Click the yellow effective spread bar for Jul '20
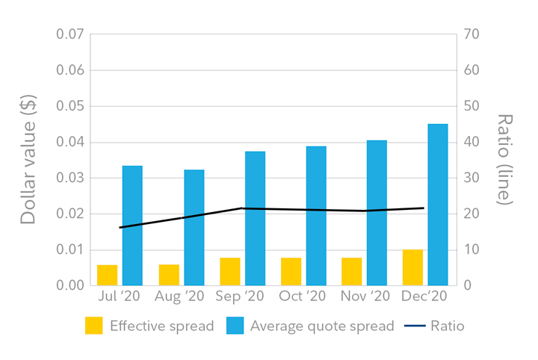pyautogui.click(x=107, y=275)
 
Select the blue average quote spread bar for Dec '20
pyautogui.click(x=437, y=205)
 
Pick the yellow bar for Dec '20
pyautogui.click(x=412, y=267)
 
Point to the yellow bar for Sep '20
pyautogui.click(x=230, y=271)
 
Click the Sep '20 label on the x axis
pyautogui.click(x=240, y=297)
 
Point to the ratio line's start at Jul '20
pyautogui.click(x=120, y=227)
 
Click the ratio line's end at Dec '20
pyautogui.click(x=424, y=208)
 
